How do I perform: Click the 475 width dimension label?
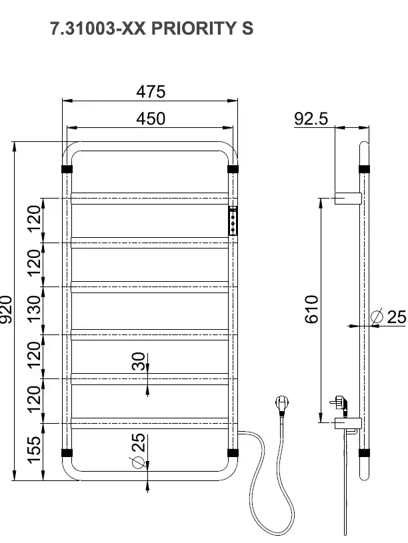point(151,92)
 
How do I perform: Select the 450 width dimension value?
point(151,119)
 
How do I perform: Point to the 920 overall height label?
point(6,309)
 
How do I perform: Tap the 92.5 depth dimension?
point(311,119)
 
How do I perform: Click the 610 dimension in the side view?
point(311,309)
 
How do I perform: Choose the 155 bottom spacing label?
point(34,450)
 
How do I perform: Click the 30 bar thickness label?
point(139,361)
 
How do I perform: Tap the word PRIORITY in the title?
point(194,29)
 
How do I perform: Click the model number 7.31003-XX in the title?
point(98,29)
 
